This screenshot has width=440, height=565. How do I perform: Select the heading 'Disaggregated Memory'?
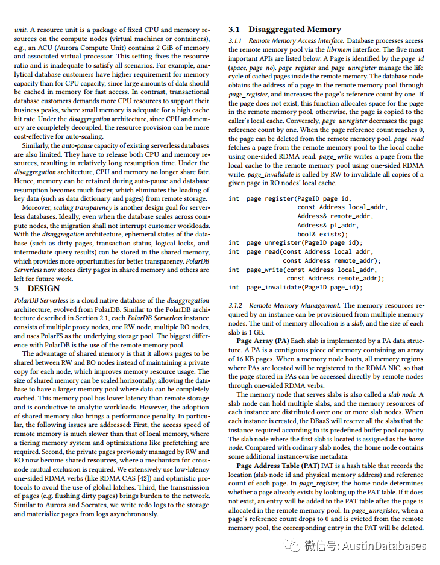coord(295,29)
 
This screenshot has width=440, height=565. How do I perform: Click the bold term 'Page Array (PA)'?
coord(263,341)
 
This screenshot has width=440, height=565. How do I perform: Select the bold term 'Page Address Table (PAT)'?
coord(276,466)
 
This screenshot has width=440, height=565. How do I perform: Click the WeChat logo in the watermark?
coord(294,546)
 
